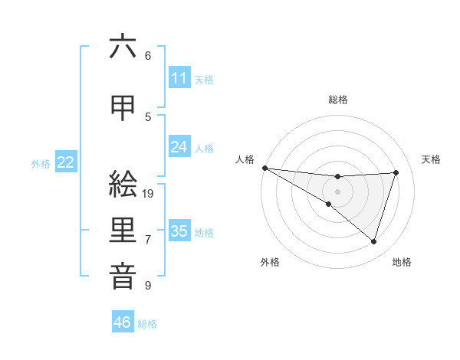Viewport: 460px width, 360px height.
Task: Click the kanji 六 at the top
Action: pyautogui.click(x=123, y=47)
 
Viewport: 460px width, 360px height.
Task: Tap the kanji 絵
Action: pyautogui.click(x=123, y=185)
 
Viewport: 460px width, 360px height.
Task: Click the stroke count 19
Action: pyautogui.click(x=149, y=194)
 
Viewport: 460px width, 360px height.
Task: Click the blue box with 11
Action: pyautogui.click(x=179, y=78)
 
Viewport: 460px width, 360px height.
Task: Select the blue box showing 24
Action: pyautogui.click(x=179, y=147)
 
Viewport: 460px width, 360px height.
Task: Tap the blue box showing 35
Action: pyautogui.click(x=179, y=231)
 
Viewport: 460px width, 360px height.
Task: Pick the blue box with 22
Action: pyautogui.click(x=65, y=162)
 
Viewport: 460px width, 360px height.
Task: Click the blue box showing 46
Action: pyautogui.click(x=122, y=322)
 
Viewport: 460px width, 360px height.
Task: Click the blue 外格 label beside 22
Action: pyautogui.click(x=41, y=163)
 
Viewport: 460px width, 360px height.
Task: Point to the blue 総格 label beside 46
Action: pyautogui.click(x=147, y=324)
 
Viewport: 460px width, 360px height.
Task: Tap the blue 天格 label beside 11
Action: pyautogui.click(x=204, y=79)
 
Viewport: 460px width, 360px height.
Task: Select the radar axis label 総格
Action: pyautogui.click(x=338, y=100)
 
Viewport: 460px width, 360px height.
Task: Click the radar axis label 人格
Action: pyautogui.click(x=245, y=159)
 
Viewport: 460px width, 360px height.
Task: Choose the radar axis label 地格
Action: pyautogui.click(x=402, y=263)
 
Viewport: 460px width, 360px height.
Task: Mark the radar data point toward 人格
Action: pyautogui.click(x=264, y=167)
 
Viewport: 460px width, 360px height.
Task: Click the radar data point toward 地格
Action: pyautogui.click(x=374, y=242)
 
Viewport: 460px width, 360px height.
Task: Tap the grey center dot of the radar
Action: pyautogui.click(x=338, y=191)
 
